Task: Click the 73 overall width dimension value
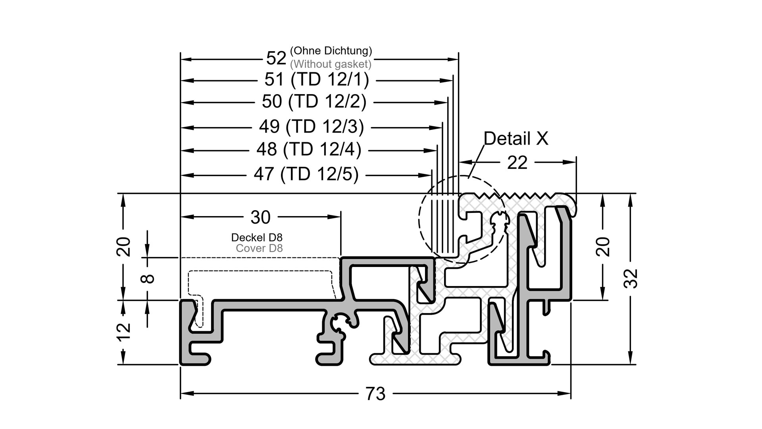coord(375,394)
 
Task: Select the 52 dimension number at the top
coord(276,58)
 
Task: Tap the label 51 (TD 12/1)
coord(317,80)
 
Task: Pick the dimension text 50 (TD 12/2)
coord(314,102)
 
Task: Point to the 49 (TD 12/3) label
coord(312,127)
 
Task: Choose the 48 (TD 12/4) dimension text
coord(309,150)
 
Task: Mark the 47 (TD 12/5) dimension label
coord(306,174)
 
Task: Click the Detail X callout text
coord(516,139)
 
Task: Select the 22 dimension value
coord(517,162)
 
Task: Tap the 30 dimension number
coord(260,217)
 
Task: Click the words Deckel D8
coord(257,238)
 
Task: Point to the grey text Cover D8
coord(259,248)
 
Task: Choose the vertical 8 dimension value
coord(148,278)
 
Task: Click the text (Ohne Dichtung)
coord(331,51)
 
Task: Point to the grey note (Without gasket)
coord(331,64)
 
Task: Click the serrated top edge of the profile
coord(516,195)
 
